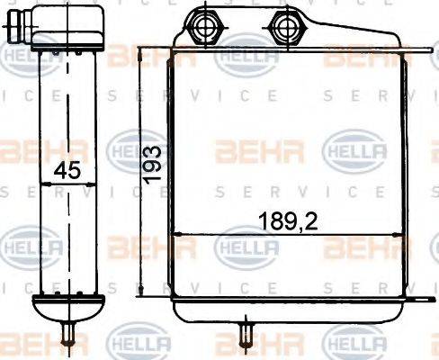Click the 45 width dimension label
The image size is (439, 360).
62,168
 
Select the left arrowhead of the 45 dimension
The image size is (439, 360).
43,184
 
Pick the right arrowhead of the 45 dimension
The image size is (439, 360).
94,184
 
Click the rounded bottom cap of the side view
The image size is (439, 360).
67,310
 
